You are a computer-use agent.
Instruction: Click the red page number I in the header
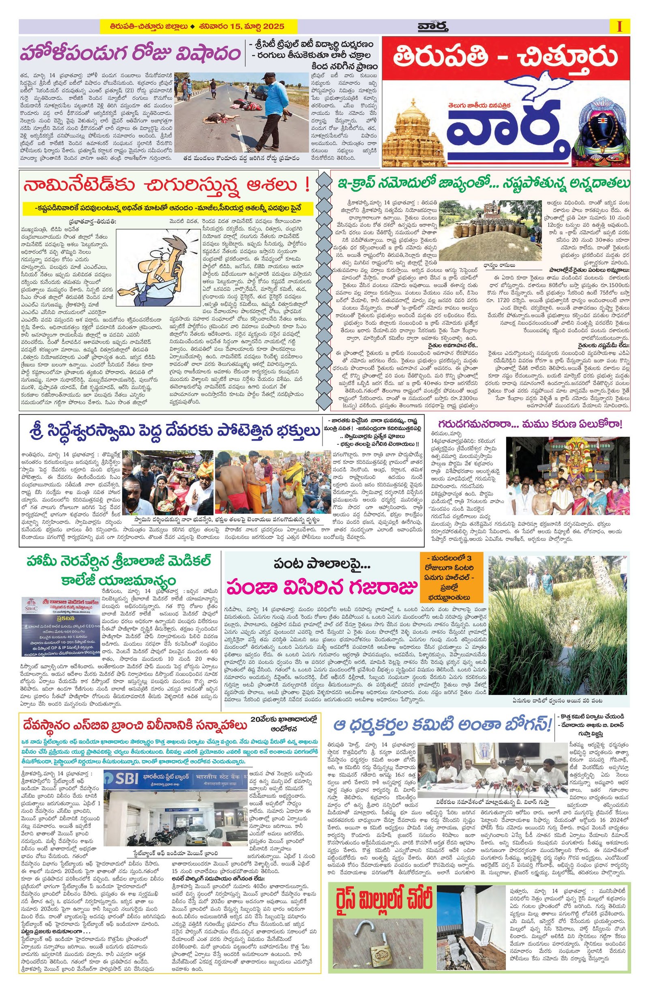pos(619,27)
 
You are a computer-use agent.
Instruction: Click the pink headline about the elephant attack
pos(321,590)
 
